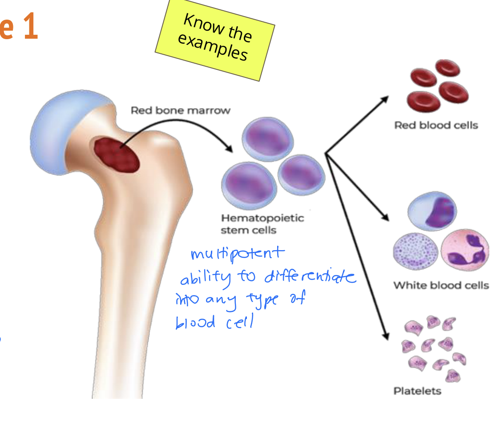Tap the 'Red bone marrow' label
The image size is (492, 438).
(180, 110)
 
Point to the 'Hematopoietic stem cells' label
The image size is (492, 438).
(262, 224)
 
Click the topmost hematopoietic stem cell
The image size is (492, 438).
(268, 139)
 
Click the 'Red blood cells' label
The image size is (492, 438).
(436, 126)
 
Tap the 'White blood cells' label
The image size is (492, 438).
(440, 285)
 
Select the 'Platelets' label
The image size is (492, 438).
(417, 391)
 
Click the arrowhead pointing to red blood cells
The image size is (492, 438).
(385, 98)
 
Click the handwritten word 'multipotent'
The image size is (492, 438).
(236, 254)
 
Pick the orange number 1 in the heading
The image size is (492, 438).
(30, 27)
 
